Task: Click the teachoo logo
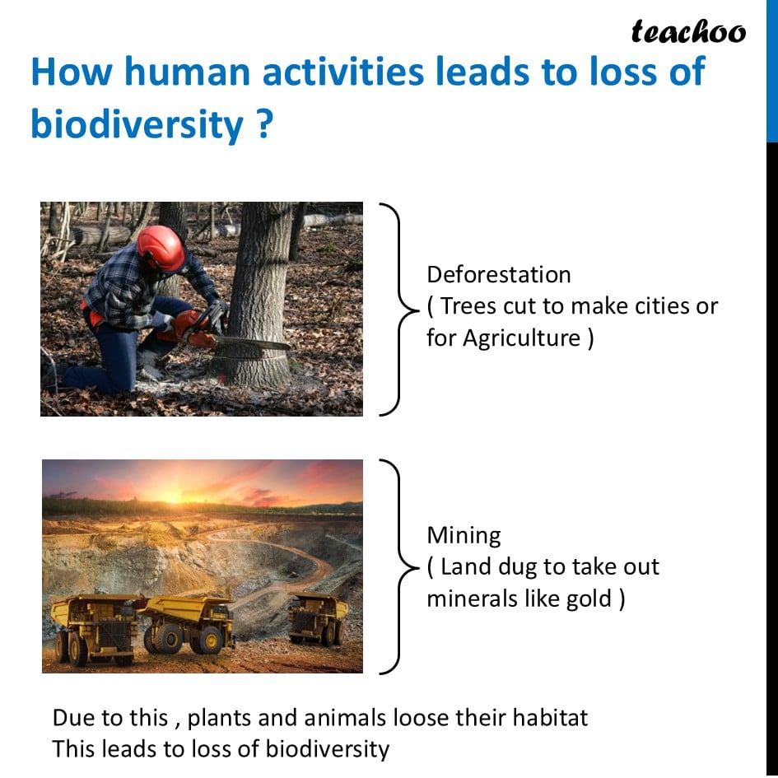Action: click(688, 31)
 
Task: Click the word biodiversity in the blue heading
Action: click(137, 124)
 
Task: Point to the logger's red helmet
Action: click(161, 248)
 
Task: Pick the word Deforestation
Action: click(499, 275)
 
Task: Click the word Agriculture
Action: click(521, 339)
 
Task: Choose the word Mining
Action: click(464, 536)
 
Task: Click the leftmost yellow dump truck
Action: click(95, 628)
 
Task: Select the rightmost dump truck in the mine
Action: click(318, 618)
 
